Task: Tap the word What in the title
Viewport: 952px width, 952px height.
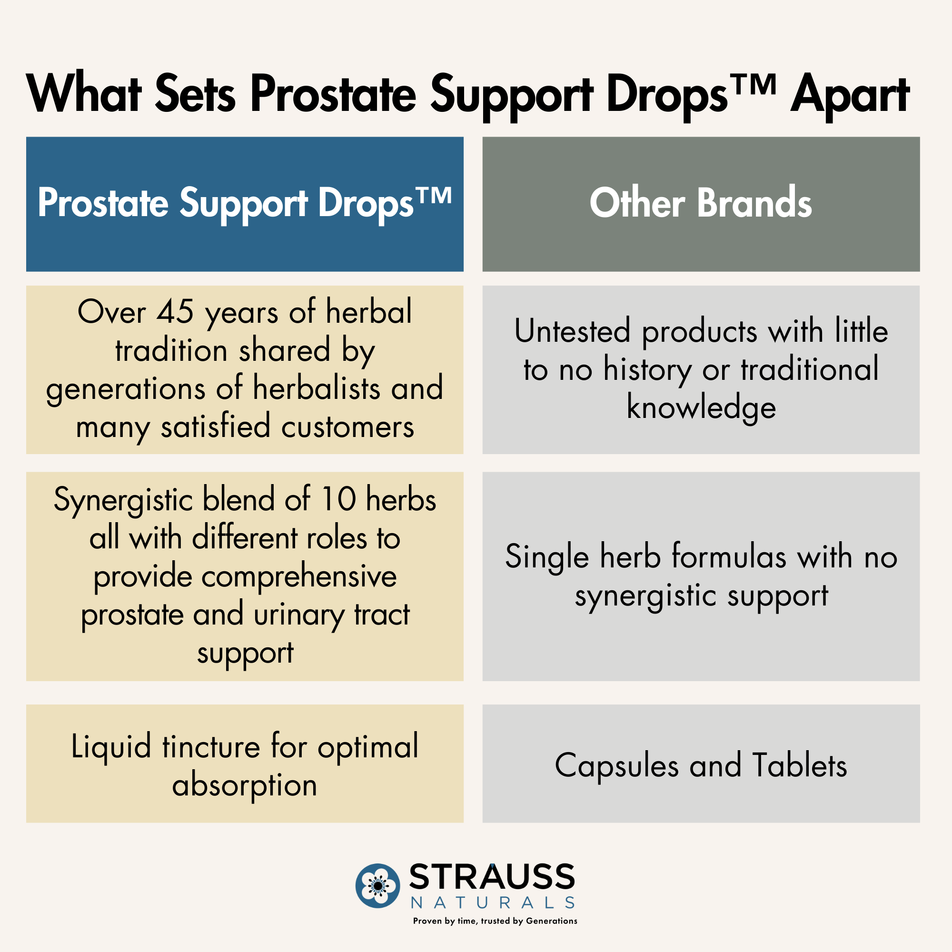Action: click(84, 93)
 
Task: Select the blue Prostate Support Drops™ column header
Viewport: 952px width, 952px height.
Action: click(244, 204)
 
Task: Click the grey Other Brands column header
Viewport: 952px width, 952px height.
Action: click(701, 204)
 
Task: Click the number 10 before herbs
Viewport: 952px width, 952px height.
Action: click(338, 499)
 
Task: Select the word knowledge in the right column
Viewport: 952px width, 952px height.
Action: click(701, 408)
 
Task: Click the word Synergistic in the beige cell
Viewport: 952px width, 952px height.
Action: click(123, 501)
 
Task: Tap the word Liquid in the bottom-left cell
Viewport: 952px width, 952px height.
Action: click(111, 747)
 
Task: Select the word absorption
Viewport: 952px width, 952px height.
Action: click(244, 786)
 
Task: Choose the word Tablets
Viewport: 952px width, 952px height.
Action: click(800, 765)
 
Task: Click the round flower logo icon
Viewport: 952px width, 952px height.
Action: click(377, 885)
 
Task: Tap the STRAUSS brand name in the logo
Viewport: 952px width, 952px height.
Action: click(492, 877)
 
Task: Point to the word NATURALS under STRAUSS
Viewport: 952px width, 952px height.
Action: click(493, 902)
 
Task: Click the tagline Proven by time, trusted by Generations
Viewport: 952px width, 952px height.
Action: click(495, 921)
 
